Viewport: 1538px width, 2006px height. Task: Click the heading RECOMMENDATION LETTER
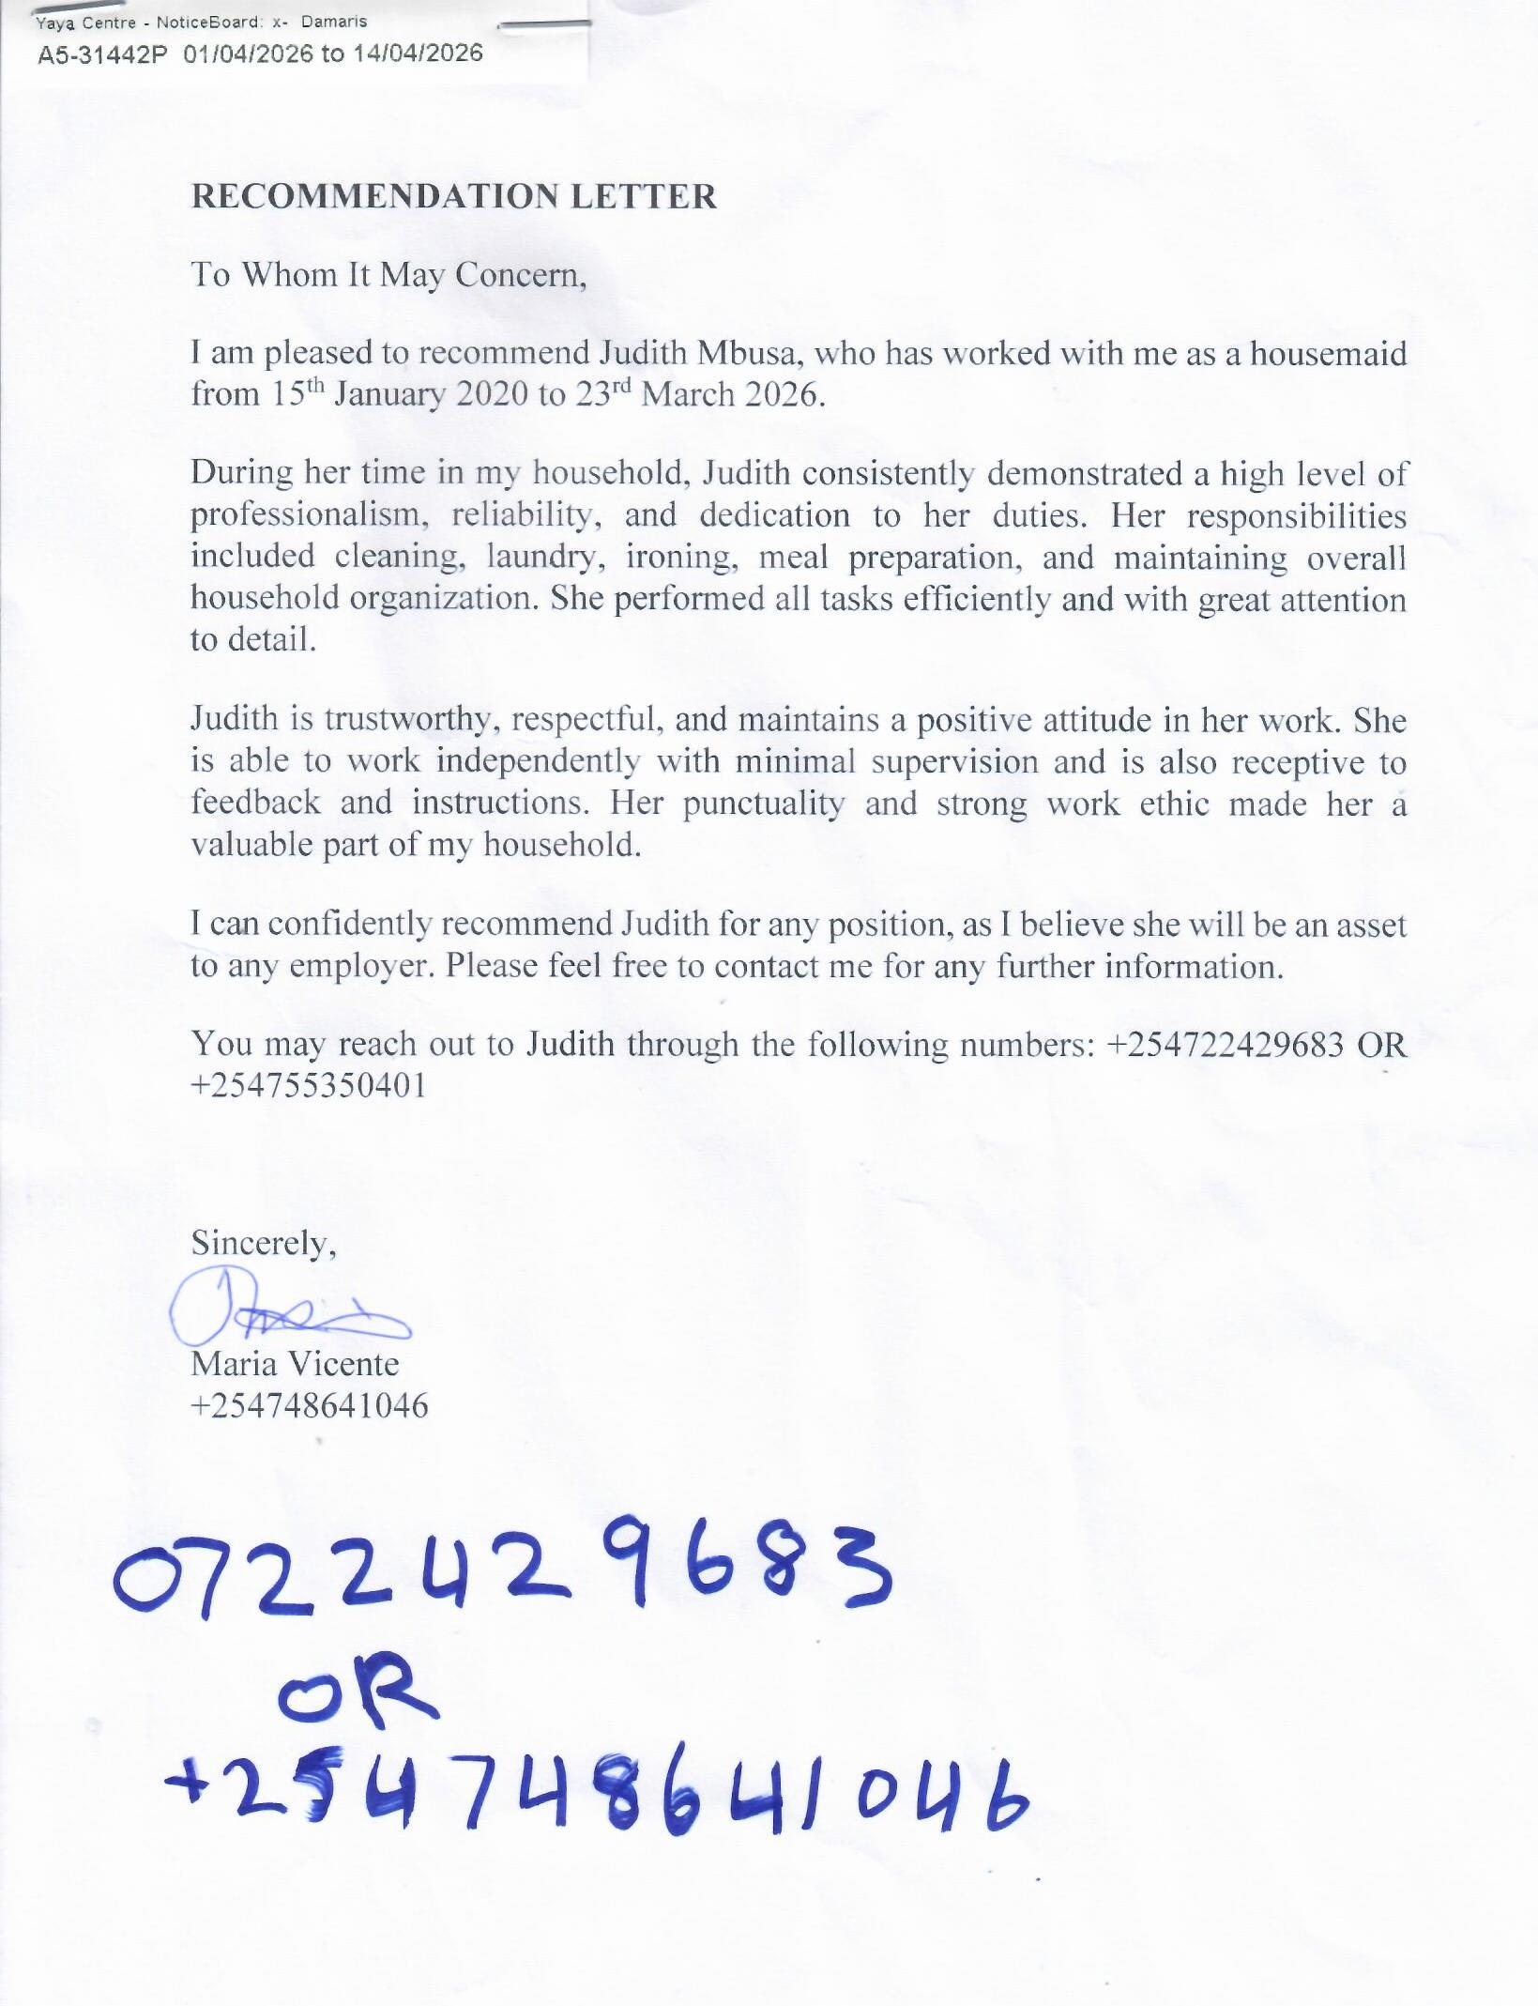pyautogui.click(x=454, y=197)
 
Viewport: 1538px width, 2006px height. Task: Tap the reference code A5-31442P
pyautogui.click(x=102, y=54)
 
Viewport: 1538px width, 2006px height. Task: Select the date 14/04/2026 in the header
pyautogui.click(x=418, y=54)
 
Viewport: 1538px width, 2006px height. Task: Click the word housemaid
pyautogui.click(x=1328, y=354)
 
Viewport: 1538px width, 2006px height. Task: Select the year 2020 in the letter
pyautogui.click(x=492, y=394)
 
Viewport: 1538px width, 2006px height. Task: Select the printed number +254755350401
pyautogui.click(x=309, y=1085)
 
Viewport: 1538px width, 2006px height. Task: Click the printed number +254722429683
pyautogui.click(x=1226, y=1044)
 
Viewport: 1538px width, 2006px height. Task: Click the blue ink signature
pyautogui.click(x=282, y=1308)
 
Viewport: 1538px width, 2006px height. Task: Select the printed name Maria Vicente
pyautogui.click(x=295, y=1363)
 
